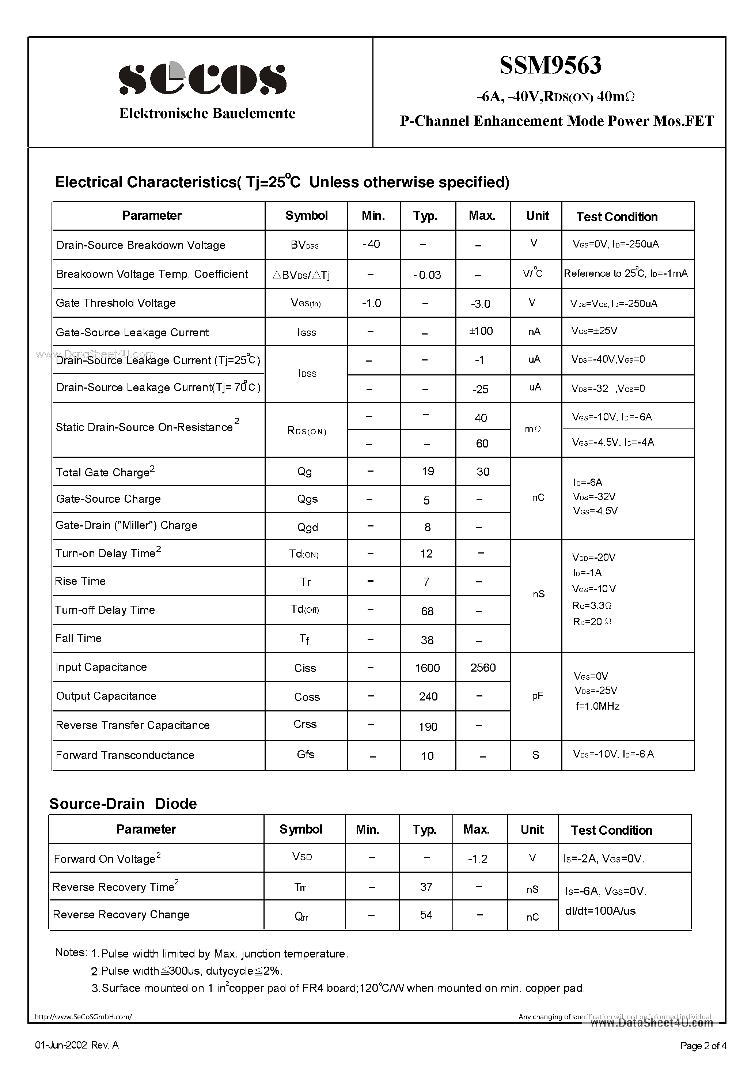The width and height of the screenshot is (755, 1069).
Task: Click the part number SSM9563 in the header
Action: click(550, 65)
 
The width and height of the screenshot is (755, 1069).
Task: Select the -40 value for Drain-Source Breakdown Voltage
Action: click(371, 244)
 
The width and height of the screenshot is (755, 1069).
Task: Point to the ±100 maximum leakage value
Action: click(481, 331)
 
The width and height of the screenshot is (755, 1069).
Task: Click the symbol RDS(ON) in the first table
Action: click(307, 431)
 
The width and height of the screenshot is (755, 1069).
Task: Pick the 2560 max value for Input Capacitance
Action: click(483, 668)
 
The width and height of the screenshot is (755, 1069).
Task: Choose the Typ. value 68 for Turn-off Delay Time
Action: click(427, 611)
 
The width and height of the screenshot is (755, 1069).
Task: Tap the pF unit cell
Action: click(537, 696)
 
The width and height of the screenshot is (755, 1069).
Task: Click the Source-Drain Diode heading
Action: click(123, 804)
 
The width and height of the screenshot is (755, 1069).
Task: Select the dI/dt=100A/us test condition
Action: click(600, 911)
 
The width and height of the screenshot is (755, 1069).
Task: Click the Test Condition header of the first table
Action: click(617, 217)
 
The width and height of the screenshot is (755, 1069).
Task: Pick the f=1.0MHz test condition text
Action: click(597, 706)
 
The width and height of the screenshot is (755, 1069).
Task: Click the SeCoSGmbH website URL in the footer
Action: click(83, 1017)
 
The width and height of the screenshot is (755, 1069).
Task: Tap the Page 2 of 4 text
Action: click(703, 1046)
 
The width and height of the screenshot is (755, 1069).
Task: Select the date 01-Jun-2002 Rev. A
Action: click(77, 1045)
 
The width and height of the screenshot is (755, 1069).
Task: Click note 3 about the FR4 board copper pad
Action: click(338, 988)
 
